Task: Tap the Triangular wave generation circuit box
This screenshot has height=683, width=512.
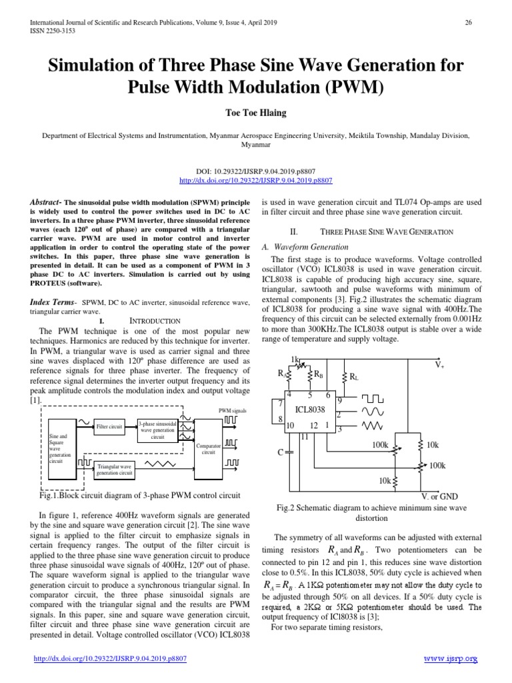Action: tap(115, 469)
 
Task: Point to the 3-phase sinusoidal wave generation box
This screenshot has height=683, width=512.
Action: tap(157, 430)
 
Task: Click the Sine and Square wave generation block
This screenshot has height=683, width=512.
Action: tap(59, 448)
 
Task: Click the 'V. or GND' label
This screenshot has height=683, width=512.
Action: tap(439, 496)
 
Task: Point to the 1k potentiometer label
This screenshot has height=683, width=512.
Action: tap(295, 360)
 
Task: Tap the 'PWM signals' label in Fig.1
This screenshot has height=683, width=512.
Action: tap(232, 410)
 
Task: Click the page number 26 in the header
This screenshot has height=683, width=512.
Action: tap(468, 23)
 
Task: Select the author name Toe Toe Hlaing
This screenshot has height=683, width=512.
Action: tap(255, 113)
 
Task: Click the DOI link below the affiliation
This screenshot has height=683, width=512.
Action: tap(256, 180)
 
